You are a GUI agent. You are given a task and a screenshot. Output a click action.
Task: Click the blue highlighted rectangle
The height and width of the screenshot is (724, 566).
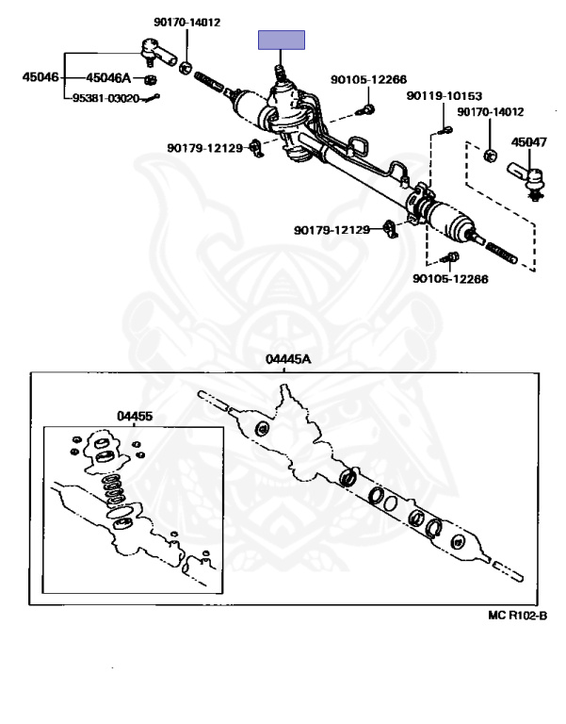pos(283,40)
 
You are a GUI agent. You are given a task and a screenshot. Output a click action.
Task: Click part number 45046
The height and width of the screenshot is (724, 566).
pos(40,77)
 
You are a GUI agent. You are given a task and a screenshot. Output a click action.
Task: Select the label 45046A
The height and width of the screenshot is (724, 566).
pos(108,78)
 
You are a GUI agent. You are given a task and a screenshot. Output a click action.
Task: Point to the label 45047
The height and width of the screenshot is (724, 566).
pos(528,142)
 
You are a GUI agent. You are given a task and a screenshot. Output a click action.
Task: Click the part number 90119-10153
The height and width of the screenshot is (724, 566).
pos(445,96)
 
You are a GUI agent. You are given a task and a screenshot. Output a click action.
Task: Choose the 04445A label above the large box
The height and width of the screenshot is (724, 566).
pos(287,360)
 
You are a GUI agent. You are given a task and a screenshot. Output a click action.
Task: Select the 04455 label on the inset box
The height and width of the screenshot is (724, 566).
pos(135,416)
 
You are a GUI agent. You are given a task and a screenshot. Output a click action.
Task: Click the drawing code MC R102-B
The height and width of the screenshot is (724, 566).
pos(517,616)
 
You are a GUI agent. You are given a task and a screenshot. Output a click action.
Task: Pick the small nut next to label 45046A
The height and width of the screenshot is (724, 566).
pos(150,78)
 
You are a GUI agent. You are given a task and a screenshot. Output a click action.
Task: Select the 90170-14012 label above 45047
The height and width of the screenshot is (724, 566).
pos(490,112)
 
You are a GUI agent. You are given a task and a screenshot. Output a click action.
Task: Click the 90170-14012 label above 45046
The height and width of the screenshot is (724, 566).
pos(187,23)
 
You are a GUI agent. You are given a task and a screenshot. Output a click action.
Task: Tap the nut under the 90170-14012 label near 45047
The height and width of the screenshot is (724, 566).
pos(490,153)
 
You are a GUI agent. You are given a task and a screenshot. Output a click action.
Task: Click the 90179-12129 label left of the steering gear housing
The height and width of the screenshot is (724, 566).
pos(206,148)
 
